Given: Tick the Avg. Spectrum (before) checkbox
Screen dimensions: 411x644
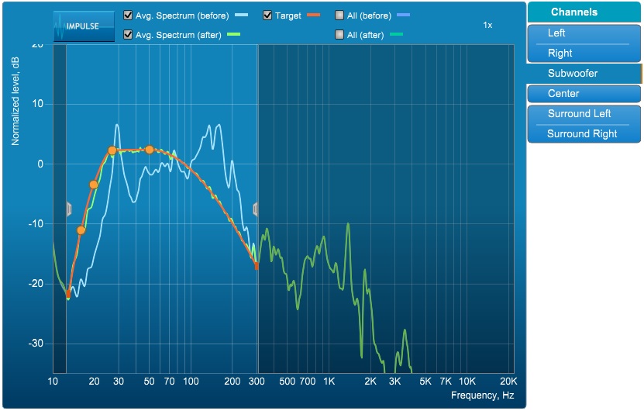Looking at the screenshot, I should pyautogui.click(x=128, y=16).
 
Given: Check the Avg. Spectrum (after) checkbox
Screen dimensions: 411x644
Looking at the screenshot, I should pyautogui.click(x=128, y=34).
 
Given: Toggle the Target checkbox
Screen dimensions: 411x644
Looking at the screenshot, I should pyautogui.click(x=267, y=16).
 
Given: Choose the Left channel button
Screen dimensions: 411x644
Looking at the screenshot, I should pyautogui.click(x=584, y=33).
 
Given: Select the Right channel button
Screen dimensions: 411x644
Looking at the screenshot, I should pyautogui.click(x=584, y=54).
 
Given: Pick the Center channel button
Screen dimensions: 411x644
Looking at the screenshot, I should pyautogui.click(x=584, y=94).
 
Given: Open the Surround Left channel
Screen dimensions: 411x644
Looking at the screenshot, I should pyautogui.click(x=584, y=114).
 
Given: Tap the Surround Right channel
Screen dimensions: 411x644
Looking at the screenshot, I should pyautogui.click(x=584, y=134).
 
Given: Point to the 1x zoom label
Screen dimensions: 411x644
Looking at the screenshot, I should pyautogui.click(x=487, y=25).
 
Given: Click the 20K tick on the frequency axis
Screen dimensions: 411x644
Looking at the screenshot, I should pyautogui.click(x=508, y=382).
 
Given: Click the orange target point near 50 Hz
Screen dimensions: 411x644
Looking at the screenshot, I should pyautogui.click(x=150, y=150).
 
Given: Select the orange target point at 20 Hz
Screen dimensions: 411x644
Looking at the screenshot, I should pyautogui.click(x=94, y=185).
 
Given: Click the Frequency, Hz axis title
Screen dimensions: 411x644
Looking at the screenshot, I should pyautogui.click(x=482, y=395).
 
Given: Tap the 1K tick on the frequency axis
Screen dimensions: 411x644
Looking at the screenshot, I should pyautogui.click(x=329, y=382).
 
